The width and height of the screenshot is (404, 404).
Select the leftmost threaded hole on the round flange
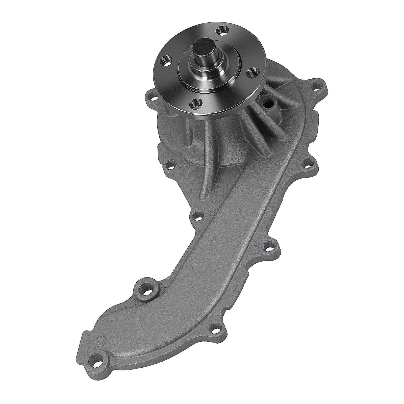(x=167, y=61)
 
